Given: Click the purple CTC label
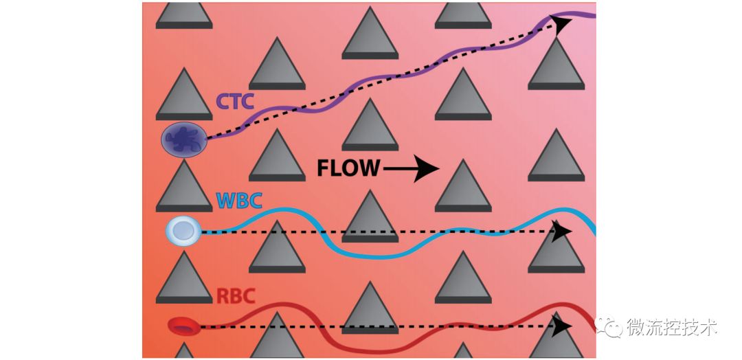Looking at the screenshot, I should click(x=236, y=102).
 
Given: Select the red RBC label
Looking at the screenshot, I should click(x=236, y=297).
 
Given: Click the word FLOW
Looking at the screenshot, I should click(x=348, y=168).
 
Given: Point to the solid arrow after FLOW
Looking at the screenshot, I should click(x=412, y=168).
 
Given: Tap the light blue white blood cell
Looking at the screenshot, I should click(x=183, y=232).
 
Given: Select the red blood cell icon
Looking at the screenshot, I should click(x=183, y=326).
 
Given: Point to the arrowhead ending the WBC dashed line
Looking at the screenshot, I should click(x=563, y=231).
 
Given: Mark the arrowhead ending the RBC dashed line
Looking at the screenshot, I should click(x=563, y=326).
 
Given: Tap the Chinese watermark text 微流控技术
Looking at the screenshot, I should click(x=672, y=328).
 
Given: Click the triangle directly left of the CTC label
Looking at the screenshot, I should click(x=183, y=96).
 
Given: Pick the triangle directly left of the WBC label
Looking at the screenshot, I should click(x=183, y=189).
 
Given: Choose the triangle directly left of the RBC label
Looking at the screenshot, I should click(x=183, y=282).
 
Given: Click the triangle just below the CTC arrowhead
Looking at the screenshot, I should click(x=556, y=67).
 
